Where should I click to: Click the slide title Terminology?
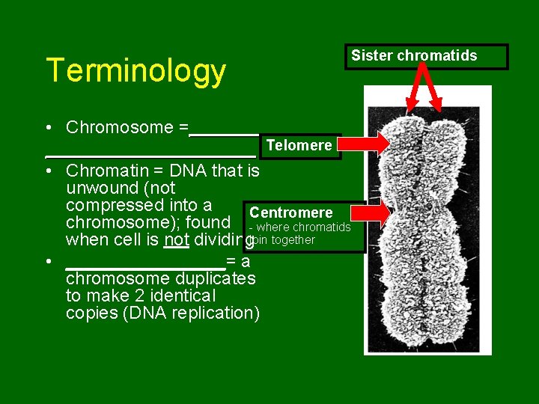[135, 71]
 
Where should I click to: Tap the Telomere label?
[299, 146]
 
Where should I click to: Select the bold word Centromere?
[290, 213]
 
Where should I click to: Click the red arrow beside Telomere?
[366, 144]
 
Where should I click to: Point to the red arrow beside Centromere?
[376, 212]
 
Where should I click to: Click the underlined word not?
[177, 240]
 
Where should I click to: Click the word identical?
[183, 296]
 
